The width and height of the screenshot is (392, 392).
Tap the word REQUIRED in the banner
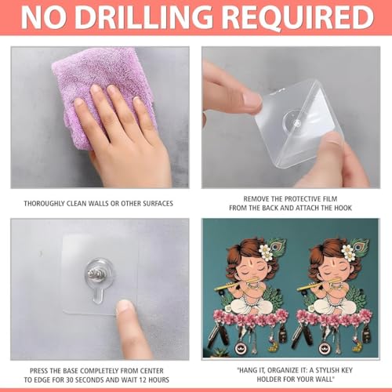(299, 18)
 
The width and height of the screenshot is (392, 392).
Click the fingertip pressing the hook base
(125, 307)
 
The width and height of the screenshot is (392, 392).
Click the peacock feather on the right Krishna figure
(360, 247)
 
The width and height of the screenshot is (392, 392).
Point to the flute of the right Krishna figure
(320, 284)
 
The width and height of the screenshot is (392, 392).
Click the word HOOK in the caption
(343, 208)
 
